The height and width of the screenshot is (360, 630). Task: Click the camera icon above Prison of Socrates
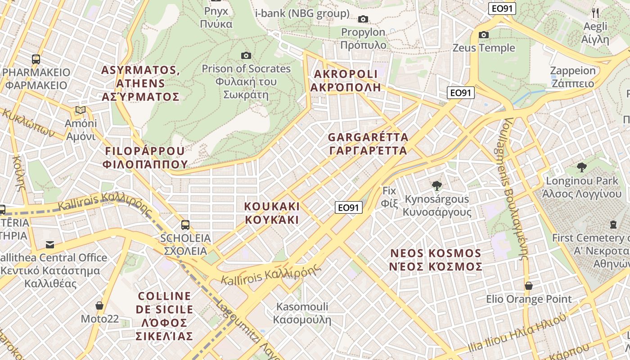coord(246,55)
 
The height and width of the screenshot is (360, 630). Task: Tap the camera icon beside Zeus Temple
coord(484,35)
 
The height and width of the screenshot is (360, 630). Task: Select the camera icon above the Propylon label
coord(363,19)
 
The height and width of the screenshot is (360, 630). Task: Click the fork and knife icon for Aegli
coord(595,13)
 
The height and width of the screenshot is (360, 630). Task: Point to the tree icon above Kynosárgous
coord(436,185)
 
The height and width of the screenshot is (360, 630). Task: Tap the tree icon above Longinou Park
coord(581,167)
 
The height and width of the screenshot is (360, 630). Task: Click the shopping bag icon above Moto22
coord(99,306)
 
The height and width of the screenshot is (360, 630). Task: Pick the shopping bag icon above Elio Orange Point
coord(529,286)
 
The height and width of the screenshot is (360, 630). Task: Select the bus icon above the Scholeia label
coord(185,225)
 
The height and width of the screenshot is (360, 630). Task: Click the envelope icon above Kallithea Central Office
coord(49,245)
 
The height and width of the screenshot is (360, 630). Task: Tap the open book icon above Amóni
coord(81,110)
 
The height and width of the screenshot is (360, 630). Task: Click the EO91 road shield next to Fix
coord(349,207)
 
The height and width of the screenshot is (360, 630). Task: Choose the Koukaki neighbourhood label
coord(272,213)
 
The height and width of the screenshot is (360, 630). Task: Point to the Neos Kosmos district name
coord(436,260)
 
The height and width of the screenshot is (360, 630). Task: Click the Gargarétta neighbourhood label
coord(368,144)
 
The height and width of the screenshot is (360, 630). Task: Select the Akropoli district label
coord(346,81)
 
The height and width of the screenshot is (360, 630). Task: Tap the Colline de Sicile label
coord(165,316)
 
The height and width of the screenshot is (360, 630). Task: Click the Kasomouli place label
coord(302,313)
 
